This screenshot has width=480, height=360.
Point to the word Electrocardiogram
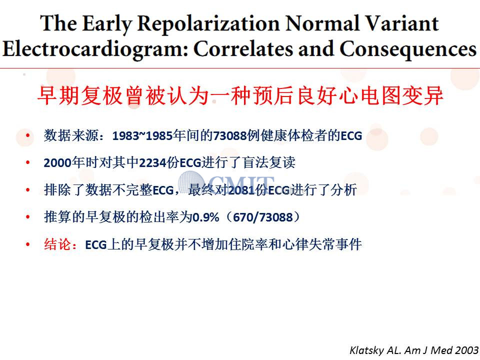click(x=95, y=49)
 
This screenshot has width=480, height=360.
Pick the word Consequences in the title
click(x=408, y=49)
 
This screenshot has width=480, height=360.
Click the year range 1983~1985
click(x=142, y=135)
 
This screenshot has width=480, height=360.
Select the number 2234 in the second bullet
click(x=152, y=163)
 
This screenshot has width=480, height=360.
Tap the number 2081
click(x=241, y=190)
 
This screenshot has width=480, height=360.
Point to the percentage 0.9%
click(x=205, y=217)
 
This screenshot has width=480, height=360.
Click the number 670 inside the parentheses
click(x=243, y=217)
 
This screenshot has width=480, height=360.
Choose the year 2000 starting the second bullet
click(x=57, y=163)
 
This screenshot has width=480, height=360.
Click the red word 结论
click(x=57, y=244)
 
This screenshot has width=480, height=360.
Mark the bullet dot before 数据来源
click(x=28, y=135)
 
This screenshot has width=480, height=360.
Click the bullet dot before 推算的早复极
click(x=28, y=217)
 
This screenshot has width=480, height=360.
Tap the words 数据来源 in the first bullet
click(x=71, y=135)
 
